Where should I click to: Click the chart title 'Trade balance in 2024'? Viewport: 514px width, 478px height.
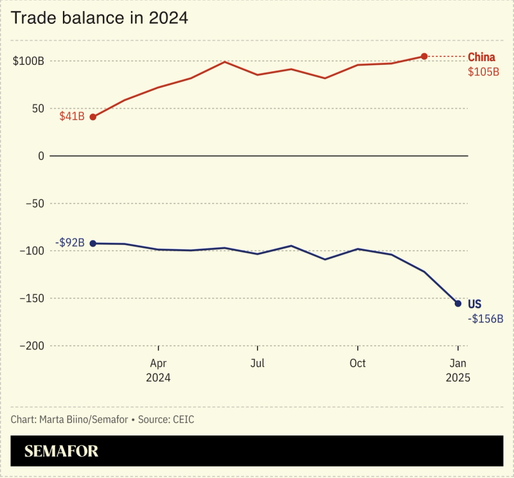100,19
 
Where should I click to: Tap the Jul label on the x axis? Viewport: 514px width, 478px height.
257,364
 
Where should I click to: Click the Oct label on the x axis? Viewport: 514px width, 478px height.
357,364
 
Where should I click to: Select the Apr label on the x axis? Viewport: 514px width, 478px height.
158,364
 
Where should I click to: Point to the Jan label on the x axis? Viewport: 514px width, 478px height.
458,364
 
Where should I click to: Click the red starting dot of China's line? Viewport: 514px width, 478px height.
93,117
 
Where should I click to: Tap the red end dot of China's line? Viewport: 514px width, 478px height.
424,57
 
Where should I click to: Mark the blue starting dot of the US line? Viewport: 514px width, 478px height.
93,243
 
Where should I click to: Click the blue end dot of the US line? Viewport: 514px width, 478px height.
458,303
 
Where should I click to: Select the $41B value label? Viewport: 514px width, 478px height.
72,117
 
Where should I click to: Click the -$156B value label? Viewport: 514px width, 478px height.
485,319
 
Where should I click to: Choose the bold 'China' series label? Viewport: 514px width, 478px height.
481,57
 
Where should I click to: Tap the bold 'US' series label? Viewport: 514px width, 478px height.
474,304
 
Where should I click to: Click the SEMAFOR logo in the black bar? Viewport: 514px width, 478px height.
62,451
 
